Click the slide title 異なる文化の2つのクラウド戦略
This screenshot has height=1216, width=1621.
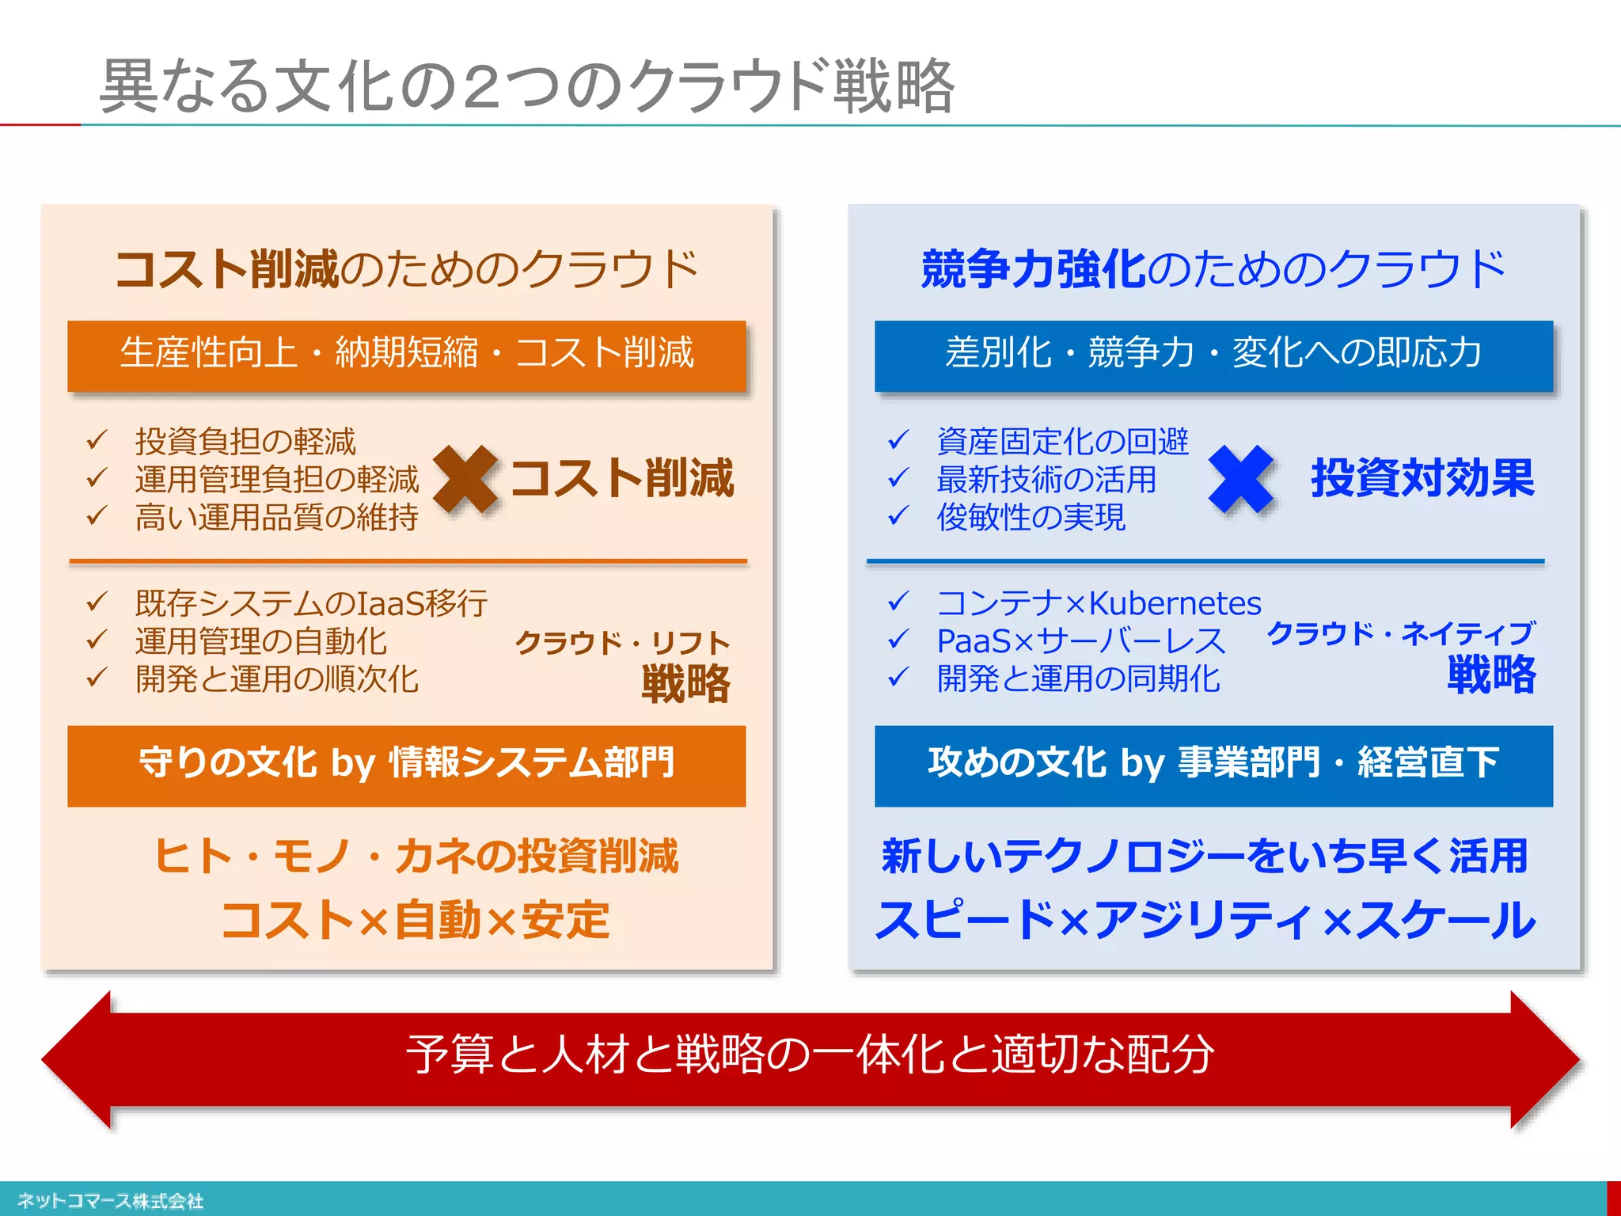click(527, 85)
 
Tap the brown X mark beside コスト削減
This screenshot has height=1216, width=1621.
click(465, 478)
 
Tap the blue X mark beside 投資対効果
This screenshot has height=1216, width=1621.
click(1241, 478)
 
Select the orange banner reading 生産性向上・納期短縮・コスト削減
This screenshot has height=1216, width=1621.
click(407, 354)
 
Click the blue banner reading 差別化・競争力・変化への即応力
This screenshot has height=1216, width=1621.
click(1213, 354)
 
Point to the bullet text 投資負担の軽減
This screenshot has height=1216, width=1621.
click(245, 442)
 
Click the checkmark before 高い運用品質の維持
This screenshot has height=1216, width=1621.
click(97, 516)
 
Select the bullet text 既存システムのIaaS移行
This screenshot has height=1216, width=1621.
click(311, 603)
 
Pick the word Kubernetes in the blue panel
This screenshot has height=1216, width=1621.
click(1175, 603)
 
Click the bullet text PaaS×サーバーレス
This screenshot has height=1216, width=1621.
click(1080, 641)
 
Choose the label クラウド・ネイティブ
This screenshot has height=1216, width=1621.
click(1401, 633)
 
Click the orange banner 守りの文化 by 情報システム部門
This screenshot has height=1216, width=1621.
click(407, 765)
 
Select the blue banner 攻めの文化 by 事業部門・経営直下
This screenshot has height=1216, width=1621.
click(1213, 765)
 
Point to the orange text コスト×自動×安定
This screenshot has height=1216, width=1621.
click(416, 920)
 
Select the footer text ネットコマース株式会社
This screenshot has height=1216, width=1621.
click(111, 1201)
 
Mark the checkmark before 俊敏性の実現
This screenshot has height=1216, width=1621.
click(898, 516)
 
